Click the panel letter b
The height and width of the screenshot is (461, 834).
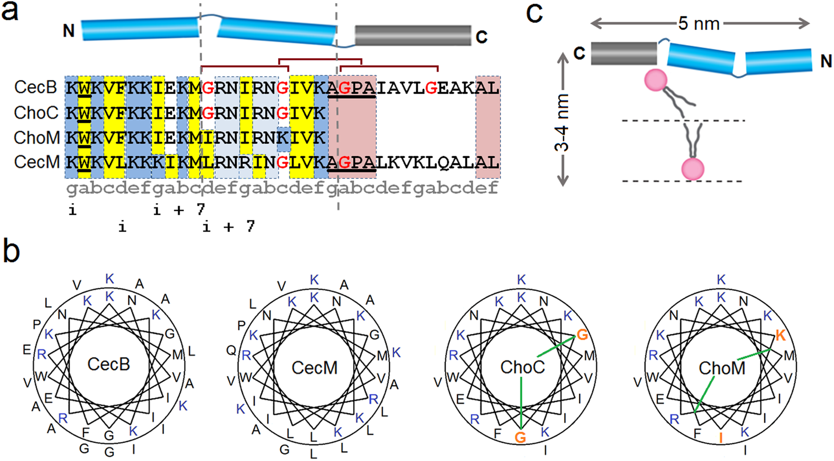(x=11, y=251)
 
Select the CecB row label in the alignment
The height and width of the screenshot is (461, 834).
(x=35, y=87)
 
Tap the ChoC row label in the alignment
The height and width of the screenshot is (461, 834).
(x=36, y=113)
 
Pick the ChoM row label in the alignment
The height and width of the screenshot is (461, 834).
(x=36, y=137)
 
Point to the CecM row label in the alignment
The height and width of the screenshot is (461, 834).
(x=36, y=162)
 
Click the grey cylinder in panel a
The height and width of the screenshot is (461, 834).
(x=412, y=36)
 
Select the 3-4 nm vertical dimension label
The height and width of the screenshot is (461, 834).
(x=562, y=123)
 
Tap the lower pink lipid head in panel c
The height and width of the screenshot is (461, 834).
(x=692, y=169)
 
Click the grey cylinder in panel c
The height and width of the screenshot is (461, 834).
(x=624, y=53)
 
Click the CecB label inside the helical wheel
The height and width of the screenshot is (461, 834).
(x=109, y=364)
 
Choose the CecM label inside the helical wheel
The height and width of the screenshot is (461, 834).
(x=314, y=367)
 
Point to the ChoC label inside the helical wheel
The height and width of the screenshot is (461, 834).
(x=523, y=367)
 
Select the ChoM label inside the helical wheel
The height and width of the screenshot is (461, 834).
(x=722, y=368)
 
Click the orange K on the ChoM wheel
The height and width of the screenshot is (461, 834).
(x=780, y=335)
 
